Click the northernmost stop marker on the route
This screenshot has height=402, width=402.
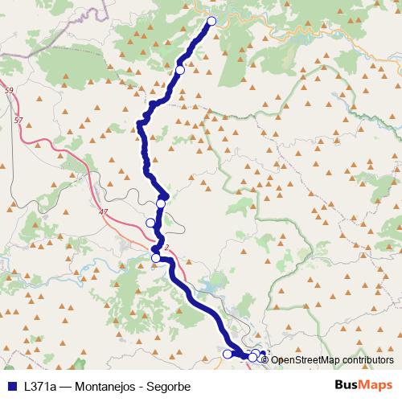coord(212,22)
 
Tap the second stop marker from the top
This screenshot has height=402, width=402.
coord(180,71)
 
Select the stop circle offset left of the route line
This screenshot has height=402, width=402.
coord(150,223)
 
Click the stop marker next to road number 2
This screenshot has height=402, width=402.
coord(156,258)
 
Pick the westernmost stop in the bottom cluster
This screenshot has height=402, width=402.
coord(227,354)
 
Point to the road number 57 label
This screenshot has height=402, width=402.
coord(18,119)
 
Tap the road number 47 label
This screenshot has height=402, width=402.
coord(102,211)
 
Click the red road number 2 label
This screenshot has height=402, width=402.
coord(166,248)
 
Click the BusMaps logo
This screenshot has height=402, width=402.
coord(363,384)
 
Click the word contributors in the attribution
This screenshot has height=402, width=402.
coord(370,359)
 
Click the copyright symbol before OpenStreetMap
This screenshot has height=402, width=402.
coord(266,359)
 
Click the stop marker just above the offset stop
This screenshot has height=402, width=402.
coord(161,204)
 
